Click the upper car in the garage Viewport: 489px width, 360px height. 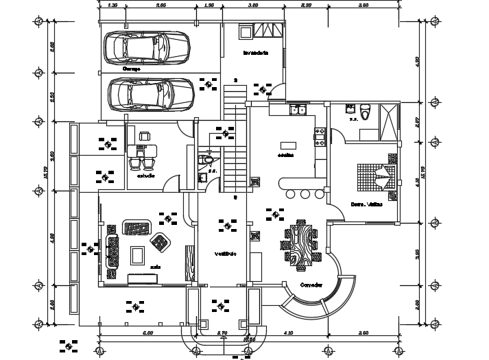coord(146,48)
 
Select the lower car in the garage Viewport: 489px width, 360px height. coord(151,94)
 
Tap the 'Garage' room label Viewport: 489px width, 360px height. coord(131,69)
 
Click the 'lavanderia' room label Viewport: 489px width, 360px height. coord(255,53)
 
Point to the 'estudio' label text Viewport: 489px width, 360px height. coord(145,176)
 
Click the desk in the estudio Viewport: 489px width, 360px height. coord(143,150)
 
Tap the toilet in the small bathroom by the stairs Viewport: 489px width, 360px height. coord(207,162)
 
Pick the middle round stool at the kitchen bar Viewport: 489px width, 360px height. coord(305,194)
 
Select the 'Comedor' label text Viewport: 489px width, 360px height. coord(311,285)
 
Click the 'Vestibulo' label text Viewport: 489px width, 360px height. coord(225,254)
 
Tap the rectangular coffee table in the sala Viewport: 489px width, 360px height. coord(138,255)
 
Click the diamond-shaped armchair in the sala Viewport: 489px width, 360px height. coord(161,241)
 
